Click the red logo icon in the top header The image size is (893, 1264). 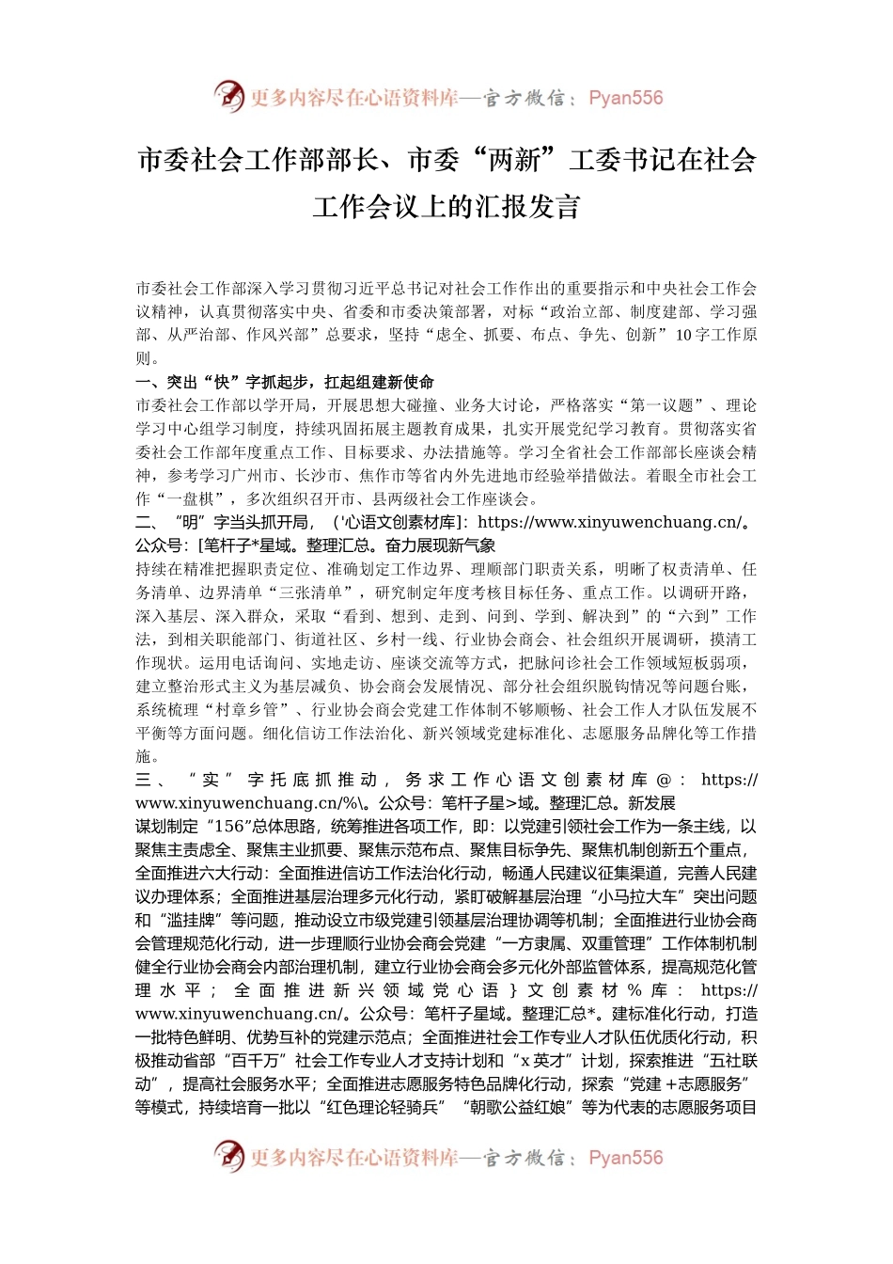click(228, 96)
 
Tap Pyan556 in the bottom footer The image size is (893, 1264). click(625, 1158)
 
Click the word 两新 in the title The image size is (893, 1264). click(514, 161)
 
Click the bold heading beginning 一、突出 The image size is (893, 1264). click(285, 382)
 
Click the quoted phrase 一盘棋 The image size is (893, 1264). click(192, 499)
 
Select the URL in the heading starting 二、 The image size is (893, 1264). click(608, 522)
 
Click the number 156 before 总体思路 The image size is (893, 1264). click(229, 827)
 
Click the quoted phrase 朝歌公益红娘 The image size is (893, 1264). click(518, 1107)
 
